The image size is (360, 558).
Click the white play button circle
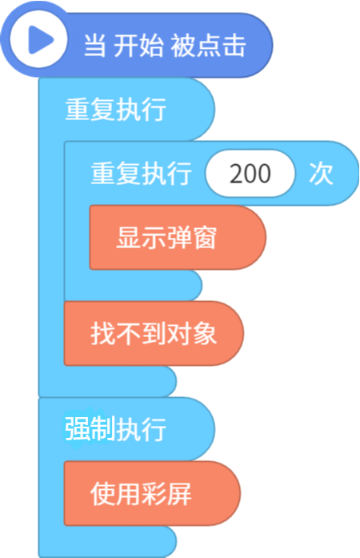pyautogui.click(x=38, y=39)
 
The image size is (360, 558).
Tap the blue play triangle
pyautogui.click(x=40, y=40)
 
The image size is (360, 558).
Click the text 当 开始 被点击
pyautogui.click(x=165, y=46)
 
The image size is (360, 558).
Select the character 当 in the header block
pyautogui.click(x=94, y=46)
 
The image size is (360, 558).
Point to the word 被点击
pyautogui.click(x=208, y=46)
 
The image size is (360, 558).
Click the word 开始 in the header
pyautogui.click(x=138, y=46)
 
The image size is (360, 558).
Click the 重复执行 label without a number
pyautogui.click(x=116, y=109)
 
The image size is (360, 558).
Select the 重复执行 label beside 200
pyautogui.click(x=142, y=173)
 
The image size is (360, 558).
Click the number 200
pyautogui.click(x=250, y=174)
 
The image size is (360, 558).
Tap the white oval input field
pyautogui.click(x=250, y=173)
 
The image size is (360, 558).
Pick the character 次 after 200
pyautogui.click(x=321, y=174)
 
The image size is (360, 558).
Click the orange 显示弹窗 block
pyautogui.click(x=178, y=237)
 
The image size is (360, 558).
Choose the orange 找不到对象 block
pyautogui.click(x=154, y=334)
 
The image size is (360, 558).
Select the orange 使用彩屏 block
pyautogui.click(x=152, y=493)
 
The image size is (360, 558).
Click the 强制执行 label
pyautogui.click(x=116, y=429)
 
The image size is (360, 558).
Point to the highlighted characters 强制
pyautogui.click(x=90, y=429)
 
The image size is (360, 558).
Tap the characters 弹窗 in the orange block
pyautogui.click(x=192, y=237)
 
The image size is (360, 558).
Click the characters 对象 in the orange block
pyautogui.click(x=192, y=334)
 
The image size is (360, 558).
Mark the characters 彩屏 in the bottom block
pyautogui.click(x=166, y=494)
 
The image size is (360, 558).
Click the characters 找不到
pyautogui.click(x=129, y=334)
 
